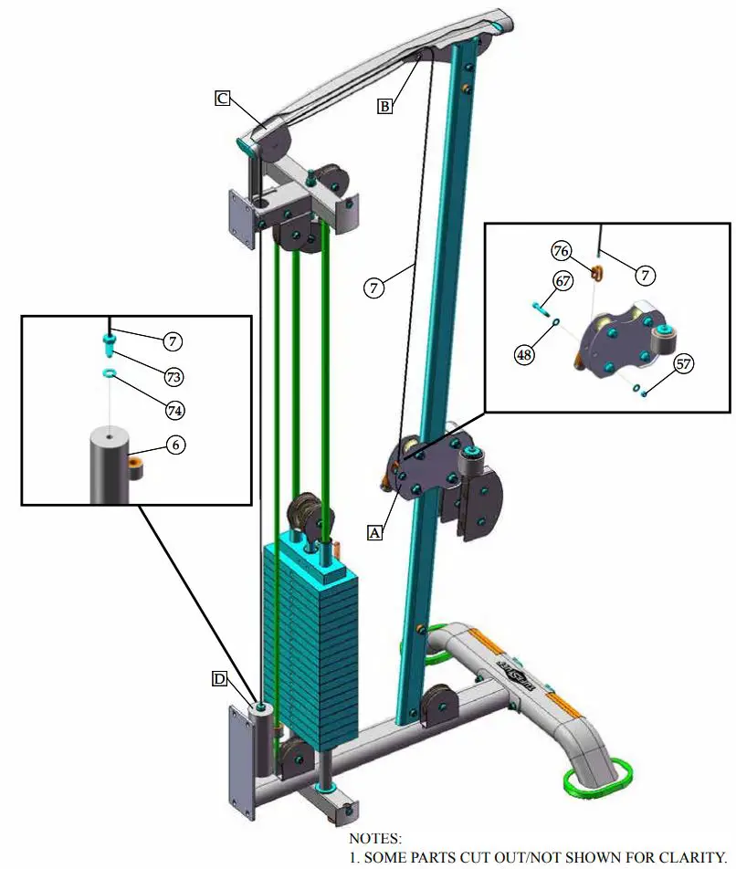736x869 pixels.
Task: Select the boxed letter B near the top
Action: pos(385,107)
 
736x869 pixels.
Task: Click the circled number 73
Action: pos(174,376)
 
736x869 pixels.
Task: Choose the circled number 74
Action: pos(174,410)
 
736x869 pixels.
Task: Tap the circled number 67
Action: pos(563,281)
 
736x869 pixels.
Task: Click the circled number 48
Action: pos(523,354)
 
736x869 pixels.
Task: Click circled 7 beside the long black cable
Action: pos(373,288)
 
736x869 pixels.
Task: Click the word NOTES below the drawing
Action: pos(374,837)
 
